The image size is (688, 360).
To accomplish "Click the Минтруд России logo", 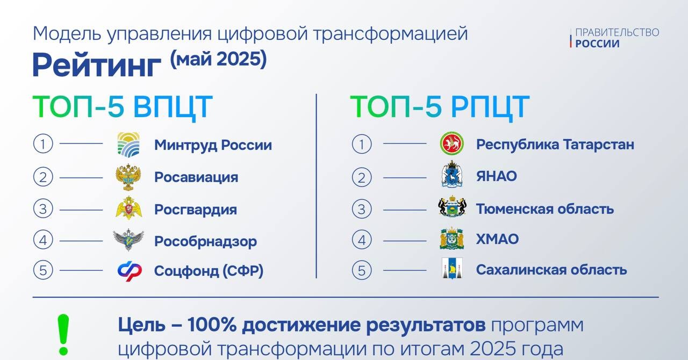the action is pyautogui.click(x=128, y=145).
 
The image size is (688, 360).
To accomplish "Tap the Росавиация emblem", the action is pyautogui.click(x=128, y=177).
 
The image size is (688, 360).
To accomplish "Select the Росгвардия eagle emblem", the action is pyautogui.click(x=129, y=208).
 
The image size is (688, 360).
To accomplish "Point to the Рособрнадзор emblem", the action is pyautogui.click(x=128, y=240).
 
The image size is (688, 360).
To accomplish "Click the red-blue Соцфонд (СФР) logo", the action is pyautogui.click(x=130, y=271).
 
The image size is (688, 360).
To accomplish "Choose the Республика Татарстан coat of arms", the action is pyautogui.click(x=452, y=144).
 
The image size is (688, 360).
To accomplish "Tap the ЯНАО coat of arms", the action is pyautogui.click(x=452, y=175).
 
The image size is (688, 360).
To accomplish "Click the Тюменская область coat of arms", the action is pyautogui.click(x=452, y=207).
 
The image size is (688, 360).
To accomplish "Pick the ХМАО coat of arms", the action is pyautogui.click(x=452, y=239).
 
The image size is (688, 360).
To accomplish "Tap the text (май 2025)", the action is pyautogui.click(x=218, y=59).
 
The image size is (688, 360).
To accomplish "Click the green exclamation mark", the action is pyautogui.click(x=63, y=335).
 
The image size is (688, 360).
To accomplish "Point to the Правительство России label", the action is pyautogui.click(x=617, y=38).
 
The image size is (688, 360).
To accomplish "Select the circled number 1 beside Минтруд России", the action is pyautogui.click(x=43, y=144).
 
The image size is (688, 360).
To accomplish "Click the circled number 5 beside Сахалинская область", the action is pyautogui.click(x=362, y=270).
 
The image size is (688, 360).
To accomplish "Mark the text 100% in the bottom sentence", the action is pyautogui.click(x=212, y=325).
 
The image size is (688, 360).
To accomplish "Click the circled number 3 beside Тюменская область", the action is pyautogui.click(x=362, y=209).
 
